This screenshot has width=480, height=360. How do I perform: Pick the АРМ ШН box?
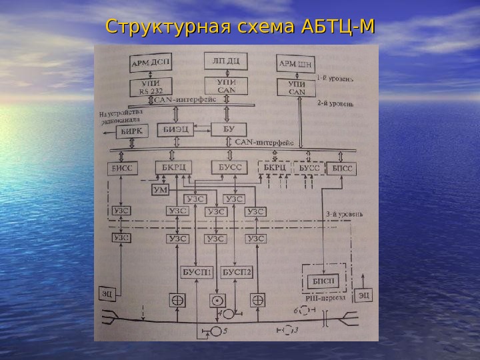[x=295, y=65]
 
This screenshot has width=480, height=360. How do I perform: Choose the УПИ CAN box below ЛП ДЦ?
[x=226, y=86]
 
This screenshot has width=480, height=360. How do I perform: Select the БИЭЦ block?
[x=175, y=129]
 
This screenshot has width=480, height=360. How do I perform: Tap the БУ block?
[x=228, y=129]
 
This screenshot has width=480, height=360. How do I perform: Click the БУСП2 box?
[x=237, y=272]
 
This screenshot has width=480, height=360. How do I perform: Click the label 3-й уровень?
[x=344, y=215]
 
